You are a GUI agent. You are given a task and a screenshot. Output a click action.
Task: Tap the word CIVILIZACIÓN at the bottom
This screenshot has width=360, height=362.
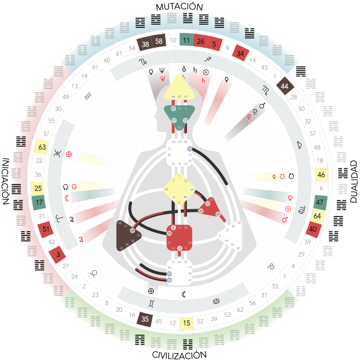pyautogui.click(x=179, y=355)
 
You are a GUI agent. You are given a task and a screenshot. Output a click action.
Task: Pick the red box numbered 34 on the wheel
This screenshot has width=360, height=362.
pyautogui.click(x=240, y=54)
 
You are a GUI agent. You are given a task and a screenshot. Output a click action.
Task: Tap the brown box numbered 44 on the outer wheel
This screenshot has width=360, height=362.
pyautogui.click(x=284, y=86)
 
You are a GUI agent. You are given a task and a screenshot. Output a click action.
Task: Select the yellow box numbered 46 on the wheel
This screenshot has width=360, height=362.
pyautogui.click(x=321, y=174)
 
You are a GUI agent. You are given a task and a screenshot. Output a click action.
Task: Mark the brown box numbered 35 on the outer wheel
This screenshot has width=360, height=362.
pyautogui.click(x=145, y=318)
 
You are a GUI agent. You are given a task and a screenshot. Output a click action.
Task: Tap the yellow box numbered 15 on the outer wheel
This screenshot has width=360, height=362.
pyautogui.click(x=187, y=323)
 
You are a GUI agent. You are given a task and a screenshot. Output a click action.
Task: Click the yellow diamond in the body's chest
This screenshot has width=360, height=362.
pyautogui.click(x=179, y=190)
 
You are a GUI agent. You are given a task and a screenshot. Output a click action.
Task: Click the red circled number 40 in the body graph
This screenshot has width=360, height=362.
pyautogui.click(x=218, y=214)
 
